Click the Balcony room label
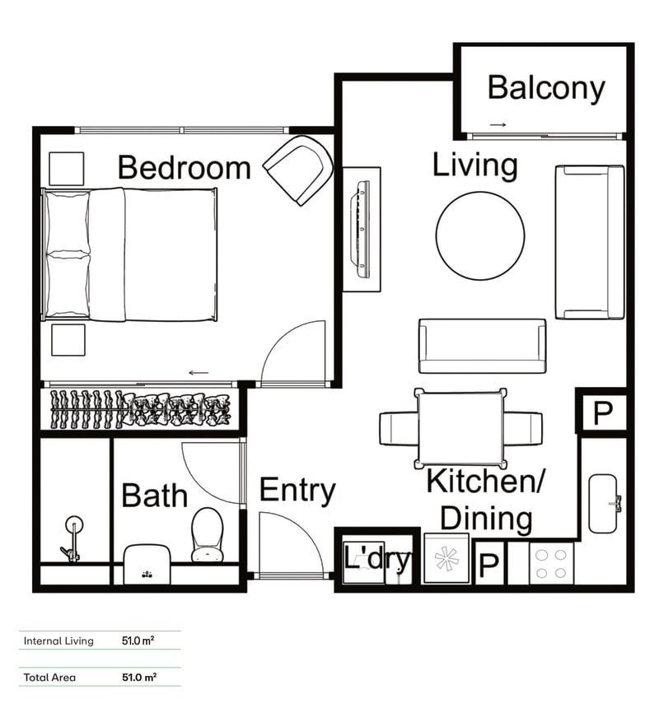point(545,88)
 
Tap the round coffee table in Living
point(479,235)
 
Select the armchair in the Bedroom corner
point(299,170)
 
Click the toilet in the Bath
point(207,533)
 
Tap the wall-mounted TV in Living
point(361,228)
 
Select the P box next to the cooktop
point(488,565)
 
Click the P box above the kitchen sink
point(603,412)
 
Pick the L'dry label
point(376,561)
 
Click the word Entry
point(297,491)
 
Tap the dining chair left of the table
point(397,428)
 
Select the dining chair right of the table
point(524,428)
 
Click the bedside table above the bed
point(66,169)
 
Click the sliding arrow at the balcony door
point(498,125)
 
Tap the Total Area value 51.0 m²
point(138,678)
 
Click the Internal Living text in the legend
point(58,640)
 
